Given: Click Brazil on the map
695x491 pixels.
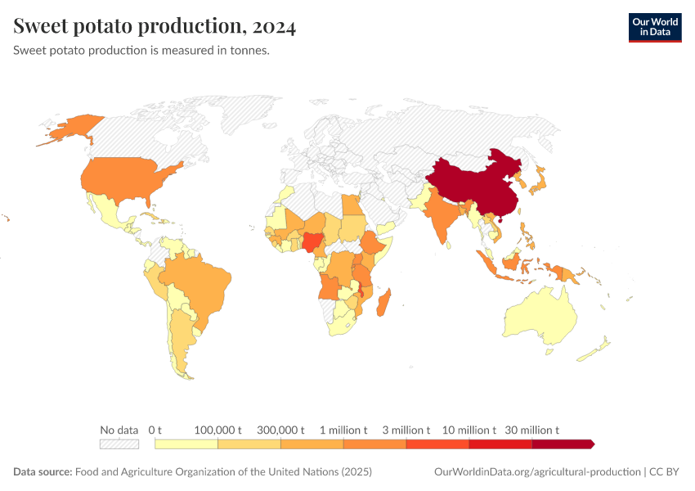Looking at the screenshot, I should point(200,282).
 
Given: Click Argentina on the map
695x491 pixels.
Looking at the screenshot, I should point(182,336).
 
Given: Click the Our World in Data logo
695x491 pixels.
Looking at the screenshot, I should point(654,27).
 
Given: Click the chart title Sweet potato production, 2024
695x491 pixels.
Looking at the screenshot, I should point(155,26).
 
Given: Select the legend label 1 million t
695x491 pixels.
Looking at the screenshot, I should point(343,430).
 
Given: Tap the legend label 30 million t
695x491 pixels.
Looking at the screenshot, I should point(532,430).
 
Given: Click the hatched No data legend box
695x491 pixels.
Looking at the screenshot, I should point(119,444).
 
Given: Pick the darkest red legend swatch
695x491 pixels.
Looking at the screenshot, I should point(562,444).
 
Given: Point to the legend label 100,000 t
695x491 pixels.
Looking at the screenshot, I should point(218,430).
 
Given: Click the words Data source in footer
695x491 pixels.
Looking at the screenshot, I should point(43,472).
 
